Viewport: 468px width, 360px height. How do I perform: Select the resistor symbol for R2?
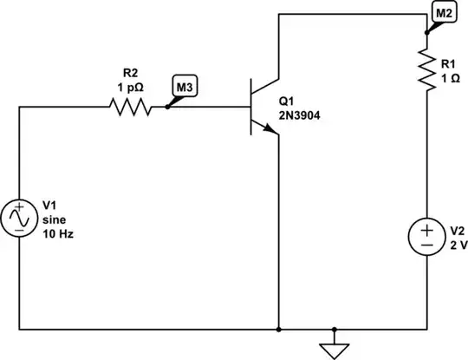pyautogui.click(x=130, y=108)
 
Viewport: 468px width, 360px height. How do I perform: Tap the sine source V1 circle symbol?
pyautogui.click(x=19, y=219)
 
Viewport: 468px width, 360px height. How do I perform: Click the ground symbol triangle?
pyautogui.click(x=330, y=350)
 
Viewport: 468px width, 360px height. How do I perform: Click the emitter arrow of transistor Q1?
pyautogui.click(x=271, y=129)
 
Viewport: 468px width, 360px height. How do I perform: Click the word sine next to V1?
pyautogui.click(x=55, y=219)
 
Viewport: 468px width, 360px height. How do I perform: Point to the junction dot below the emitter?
pyautogui.click(x=279, y=330)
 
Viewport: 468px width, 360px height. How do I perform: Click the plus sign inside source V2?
pyautogui.click(x=427, y=231)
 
